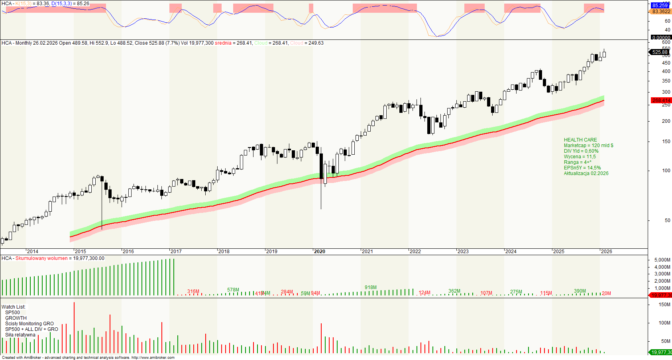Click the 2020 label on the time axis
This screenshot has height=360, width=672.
pos(320,252)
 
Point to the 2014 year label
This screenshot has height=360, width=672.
pos(32,252)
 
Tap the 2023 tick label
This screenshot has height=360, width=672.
pos(463,252)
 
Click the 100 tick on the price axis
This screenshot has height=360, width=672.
pos(666,171)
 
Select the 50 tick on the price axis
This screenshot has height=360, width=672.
pos(667,220)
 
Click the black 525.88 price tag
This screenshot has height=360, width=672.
pos(660,52)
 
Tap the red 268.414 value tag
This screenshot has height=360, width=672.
pos(661,100)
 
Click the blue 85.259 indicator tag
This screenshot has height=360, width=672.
pos(660,6)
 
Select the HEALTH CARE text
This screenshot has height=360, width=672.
pos(580,140)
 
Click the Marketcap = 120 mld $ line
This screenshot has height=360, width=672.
pos(588,146)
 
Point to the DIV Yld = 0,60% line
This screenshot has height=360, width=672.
pos(581,151)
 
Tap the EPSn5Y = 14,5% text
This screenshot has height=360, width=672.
pos(582,168)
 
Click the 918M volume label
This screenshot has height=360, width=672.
pos(370,287)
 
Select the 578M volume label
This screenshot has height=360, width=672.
pos(233,290)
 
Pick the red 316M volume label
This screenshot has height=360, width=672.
pos(193,291)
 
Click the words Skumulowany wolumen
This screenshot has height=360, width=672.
pos(41,258)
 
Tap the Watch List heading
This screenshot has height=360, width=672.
pos(13,307)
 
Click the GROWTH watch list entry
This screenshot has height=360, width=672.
pos(16,318)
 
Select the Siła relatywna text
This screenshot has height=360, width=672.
pos(20,335)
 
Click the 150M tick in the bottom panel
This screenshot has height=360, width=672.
pos(664,305)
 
